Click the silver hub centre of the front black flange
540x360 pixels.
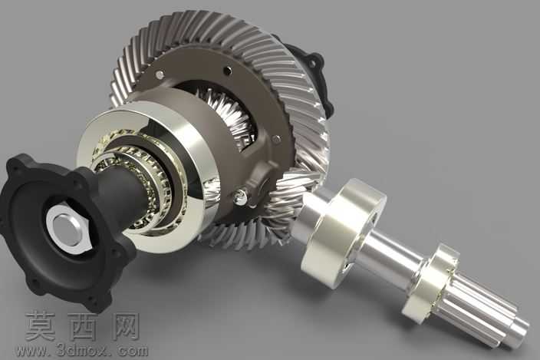coord(65,227)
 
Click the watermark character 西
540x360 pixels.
coord(84,326)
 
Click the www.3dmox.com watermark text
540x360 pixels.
coord(82,351)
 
